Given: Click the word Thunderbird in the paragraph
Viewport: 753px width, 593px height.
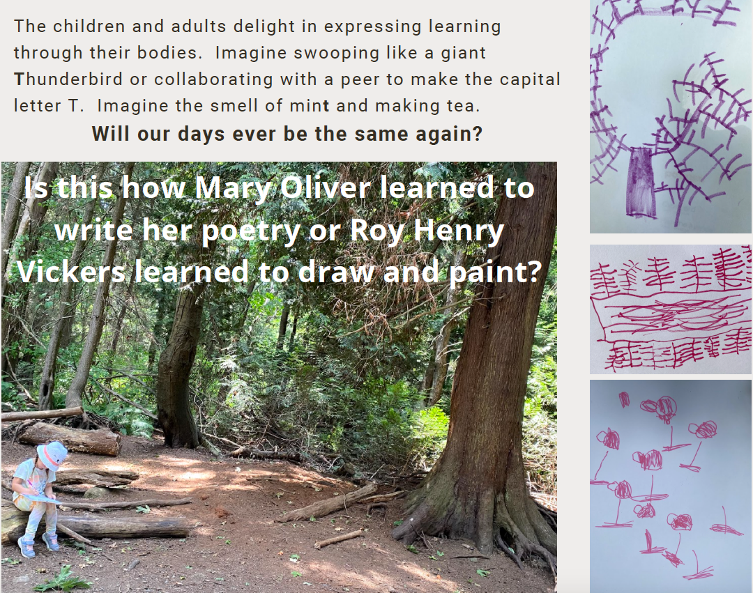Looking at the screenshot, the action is click(68, 79).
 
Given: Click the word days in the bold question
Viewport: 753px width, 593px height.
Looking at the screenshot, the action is click(201, 134).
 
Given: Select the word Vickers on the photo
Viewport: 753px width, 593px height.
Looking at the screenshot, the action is click(71, 272).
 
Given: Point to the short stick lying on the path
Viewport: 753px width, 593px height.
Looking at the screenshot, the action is click(340, 539).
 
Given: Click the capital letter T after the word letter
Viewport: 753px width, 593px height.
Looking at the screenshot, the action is click(75, 106).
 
